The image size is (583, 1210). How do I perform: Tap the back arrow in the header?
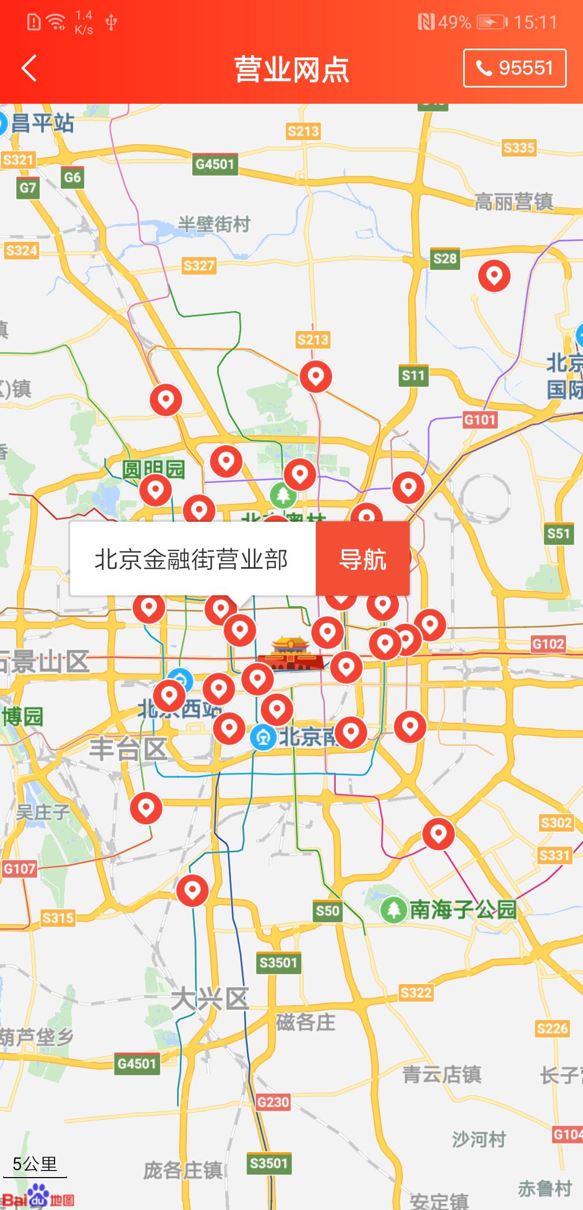tap(29, 69)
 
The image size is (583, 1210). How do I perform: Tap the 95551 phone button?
tap(514, 68)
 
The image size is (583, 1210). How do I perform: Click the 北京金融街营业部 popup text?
tap(192, 559)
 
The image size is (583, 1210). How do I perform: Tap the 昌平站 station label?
tap(42, 123)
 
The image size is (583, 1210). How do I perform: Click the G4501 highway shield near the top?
tap(215, 164)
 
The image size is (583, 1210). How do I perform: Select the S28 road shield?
tap(445, 259)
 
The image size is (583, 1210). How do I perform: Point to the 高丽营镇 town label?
tap(513, 202)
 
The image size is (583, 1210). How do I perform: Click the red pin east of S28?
tap(494, 275)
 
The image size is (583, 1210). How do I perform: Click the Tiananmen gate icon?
tap(291, 654)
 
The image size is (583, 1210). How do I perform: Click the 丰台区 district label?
tap(128, 749)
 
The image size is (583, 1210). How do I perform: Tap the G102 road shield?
tap(548, 644)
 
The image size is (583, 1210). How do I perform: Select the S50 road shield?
tap(327, 911)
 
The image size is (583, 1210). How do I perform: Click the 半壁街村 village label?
tap(214, 224)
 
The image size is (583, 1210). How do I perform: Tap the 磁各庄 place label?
tap(306, 1022)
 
